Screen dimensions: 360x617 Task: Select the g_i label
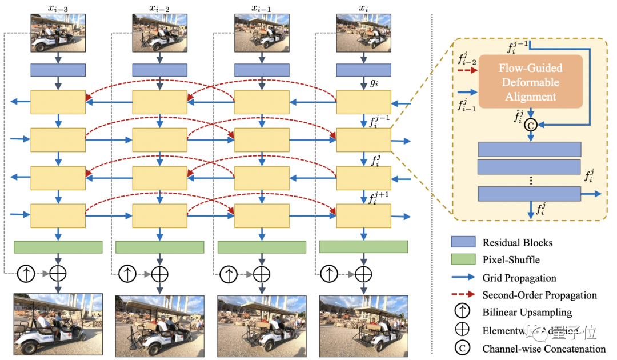tap(375, 83)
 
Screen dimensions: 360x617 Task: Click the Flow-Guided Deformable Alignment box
tap(530, 82)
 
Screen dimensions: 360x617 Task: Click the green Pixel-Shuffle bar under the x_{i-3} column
tap(58, 247)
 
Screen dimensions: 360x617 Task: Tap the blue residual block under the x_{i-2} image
tap(160, 70)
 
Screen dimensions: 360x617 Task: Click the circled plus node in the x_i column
tap(363, 274)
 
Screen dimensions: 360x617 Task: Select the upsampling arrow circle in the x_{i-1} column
tap(229, 274)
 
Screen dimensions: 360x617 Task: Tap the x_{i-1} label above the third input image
tap(262, 7)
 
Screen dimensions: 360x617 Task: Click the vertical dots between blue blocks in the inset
tap(530, 180)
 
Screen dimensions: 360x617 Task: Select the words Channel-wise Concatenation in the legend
tap(544, 349)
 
